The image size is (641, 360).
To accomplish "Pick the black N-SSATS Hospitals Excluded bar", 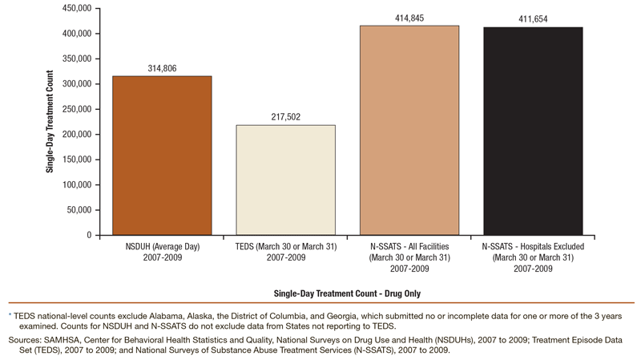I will (x=533, y=131).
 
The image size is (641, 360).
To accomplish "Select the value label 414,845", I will (x=409, y=18).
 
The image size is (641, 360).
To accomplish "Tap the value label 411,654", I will (x=533, y=20).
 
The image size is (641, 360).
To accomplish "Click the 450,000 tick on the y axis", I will (x=76, y=9).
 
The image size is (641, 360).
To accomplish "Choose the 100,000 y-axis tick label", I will (x=76, y=185).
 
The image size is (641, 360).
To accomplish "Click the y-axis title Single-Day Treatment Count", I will (x=50, y=122).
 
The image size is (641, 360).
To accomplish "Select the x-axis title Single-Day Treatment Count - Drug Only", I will (x=347, y=293).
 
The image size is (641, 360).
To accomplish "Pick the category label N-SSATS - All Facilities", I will (x=409, y=246).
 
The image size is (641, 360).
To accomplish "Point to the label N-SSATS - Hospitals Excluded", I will (x=533, y=246).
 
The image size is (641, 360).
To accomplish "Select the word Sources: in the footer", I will (x=25, y=340).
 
